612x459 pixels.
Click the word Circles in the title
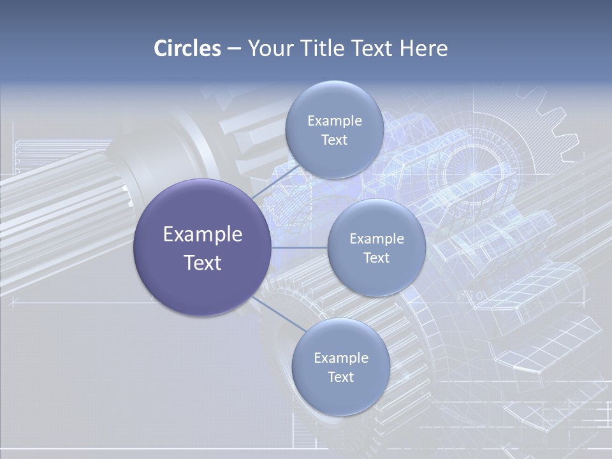(x=187, y=48)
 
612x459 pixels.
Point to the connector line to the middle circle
(x=299, y=247)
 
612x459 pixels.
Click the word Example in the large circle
(x=203, y=235)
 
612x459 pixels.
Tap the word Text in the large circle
(x=203, y=263)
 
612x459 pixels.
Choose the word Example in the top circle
(x=335, y=121)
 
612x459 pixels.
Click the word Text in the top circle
(x=334, y=140)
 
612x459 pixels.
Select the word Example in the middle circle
(x=377, y=239)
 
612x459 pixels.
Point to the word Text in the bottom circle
(x=340, y=377)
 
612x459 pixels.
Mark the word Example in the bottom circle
(x=341, y=358)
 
